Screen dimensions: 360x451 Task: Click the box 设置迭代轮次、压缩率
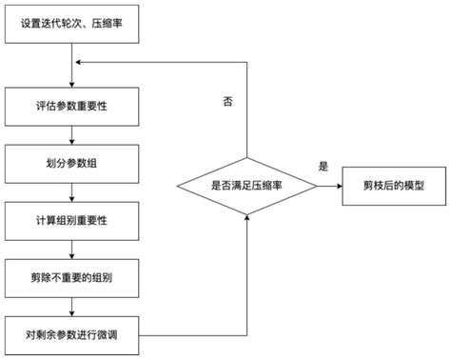(73, 26)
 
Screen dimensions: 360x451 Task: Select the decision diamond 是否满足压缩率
(247, 186)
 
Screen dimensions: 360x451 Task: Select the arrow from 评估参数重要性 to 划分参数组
(73, 134)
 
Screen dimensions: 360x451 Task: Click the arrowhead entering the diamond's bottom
(247, 218)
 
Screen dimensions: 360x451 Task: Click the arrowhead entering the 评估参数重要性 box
(73, 84)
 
